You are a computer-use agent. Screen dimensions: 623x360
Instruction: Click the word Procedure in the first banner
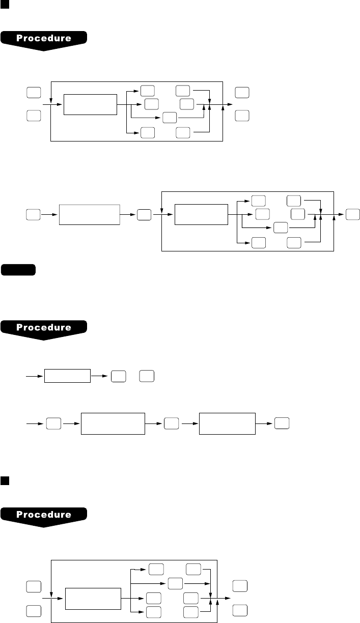tap(45, 38)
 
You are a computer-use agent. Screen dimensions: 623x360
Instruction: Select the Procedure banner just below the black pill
tap(45, 327)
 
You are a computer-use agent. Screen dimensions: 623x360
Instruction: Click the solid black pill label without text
tap(18, 269)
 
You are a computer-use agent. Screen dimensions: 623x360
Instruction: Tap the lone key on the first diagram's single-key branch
tap(170, 118)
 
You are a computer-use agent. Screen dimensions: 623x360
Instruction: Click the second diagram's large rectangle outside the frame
tap(90, 215)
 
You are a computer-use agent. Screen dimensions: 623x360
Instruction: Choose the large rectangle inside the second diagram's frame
tap(201, 215)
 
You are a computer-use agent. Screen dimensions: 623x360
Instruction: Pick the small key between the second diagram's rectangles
tap(144, 215)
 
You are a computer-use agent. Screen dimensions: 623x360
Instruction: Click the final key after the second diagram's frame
tap(352, 215)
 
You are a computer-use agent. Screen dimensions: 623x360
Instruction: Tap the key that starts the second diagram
tap(34, 215)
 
